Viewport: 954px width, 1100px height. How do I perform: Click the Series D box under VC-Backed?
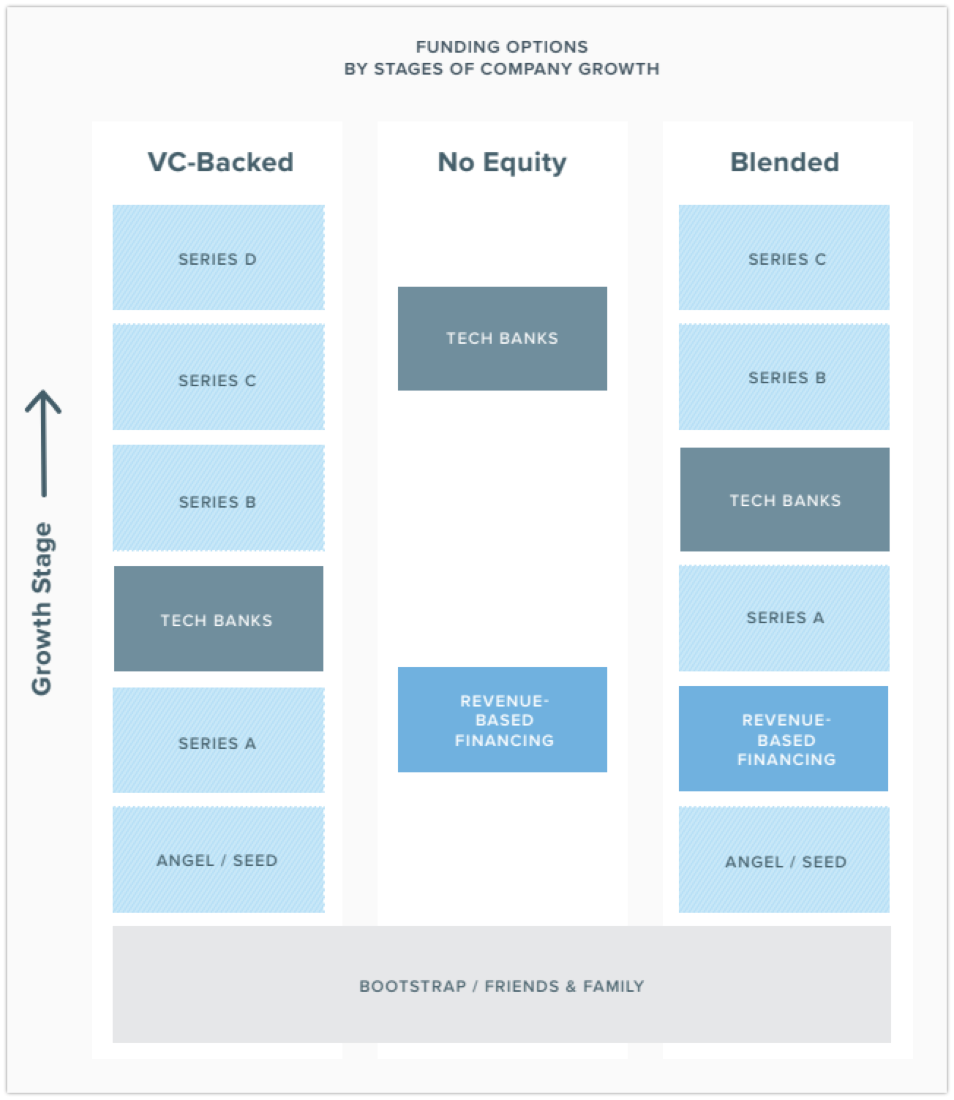218,257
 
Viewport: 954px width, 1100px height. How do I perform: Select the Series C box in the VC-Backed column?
218,377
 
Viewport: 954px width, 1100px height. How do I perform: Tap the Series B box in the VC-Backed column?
218,498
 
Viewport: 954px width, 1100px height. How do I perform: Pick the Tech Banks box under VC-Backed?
218,619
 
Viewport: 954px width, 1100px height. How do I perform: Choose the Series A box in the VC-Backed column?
218,740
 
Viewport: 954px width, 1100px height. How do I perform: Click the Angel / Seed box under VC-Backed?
218,860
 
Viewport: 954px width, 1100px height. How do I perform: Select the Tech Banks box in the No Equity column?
503,339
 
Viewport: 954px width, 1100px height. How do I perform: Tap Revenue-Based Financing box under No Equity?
503,720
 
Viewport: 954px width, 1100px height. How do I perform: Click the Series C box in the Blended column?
784,257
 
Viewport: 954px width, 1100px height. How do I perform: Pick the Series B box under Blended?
784,377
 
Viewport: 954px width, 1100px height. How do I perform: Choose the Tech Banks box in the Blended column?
785,500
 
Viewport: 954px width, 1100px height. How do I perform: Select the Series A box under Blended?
784,618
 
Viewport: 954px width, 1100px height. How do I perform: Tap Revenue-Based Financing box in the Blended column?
784,739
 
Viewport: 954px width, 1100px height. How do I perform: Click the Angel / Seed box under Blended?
784,860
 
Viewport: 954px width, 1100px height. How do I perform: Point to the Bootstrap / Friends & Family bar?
501,984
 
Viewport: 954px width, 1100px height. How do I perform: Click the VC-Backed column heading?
220,162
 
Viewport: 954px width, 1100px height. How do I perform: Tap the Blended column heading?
785,162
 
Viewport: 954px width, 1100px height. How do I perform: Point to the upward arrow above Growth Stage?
44,443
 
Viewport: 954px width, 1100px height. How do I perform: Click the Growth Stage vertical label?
42,609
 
